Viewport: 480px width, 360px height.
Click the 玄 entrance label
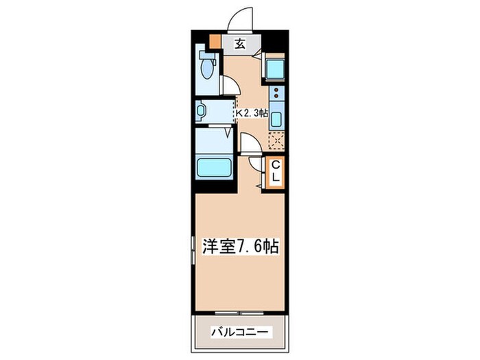click(x=240, y=45)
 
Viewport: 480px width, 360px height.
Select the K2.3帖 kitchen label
click(x=252, y=114)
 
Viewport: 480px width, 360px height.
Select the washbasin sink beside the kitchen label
click(x=201, y=110)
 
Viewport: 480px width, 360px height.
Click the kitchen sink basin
click(x=276, y=118)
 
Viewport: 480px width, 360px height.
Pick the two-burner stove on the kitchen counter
click(x=276, y=95)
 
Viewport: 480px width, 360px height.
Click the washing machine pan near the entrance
click(x=276, y=70)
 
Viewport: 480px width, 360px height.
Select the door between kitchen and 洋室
click(x=250, y=143)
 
